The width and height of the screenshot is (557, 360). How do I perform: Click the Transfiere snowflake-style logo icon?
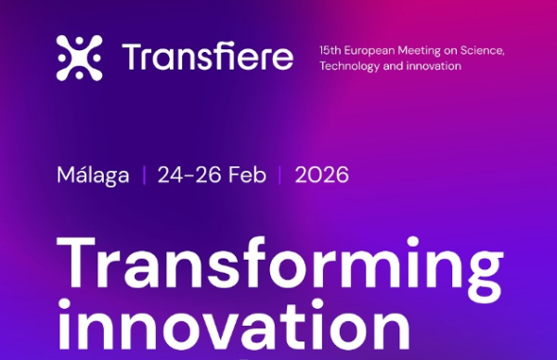(79, 58)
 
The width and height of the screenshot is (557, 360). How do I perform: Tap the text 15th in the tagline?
(329, 49)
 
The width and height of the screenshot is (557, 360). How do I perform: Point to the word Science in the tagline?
(482, 49)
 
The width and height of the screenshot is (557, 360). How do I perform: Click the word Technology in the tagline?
(345, 67)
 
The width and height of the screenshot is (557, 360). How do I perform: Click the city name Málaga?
(93, 174)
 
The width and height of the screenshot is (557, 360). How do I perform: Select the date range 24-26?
(185, 174)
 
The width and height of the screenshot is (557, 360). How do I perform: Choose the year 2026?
(322, 174)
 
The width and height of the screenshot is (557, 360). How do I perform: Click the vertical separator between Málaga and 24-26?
(144, 174)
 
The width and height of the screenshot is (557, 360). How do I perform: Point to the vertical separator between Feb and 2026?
(281, 174)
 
